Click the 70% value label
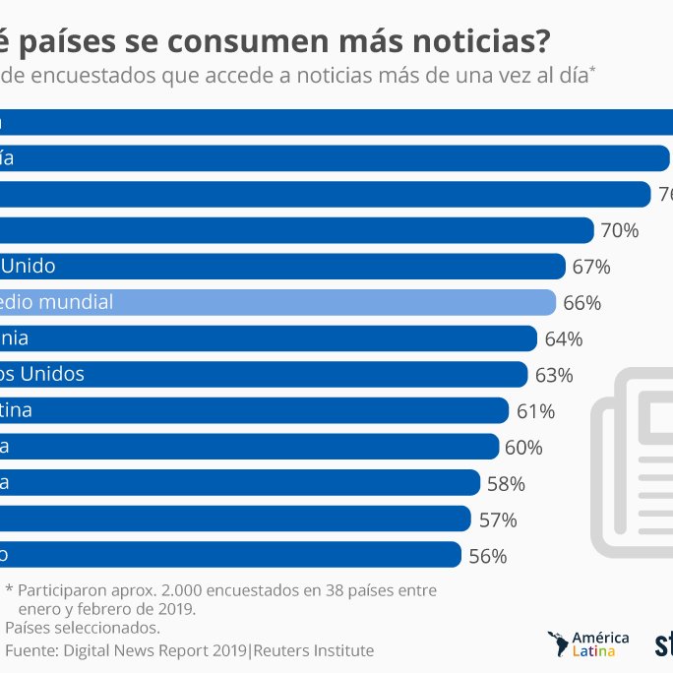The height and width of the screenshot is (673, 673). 620,231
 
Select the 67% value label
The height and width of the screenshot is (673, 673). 591,267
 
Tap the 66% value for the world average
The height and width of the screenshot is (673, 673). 581,303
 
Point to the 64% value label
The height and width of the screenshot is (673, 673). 564,339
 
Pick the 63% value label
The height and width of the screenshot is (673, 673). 554,375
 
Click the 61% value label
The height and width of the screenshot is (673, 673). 535,411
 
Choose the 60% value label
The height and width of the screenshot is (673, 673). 523,448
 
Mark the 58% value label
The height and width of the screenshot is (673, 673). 506,484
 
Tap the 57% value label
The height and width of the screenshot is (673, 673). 497,520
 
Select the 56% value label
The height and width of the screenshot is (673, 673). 487,556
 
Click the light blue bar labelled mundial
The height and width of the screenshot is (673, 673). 275,302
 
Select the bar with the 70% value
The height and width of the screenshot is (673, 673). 295,230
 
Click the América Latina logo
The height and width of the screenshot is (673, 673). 588,644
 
